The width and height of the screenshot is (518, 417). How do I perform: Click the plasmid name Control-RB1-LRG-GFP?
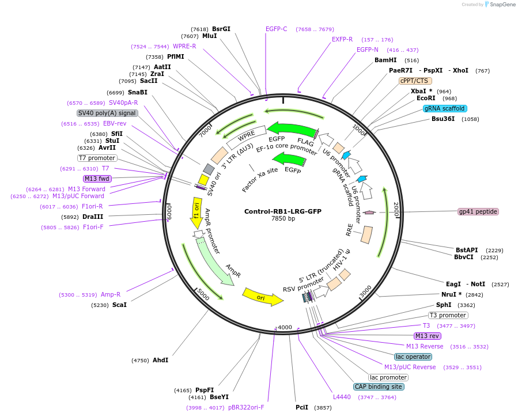tap(283, 211)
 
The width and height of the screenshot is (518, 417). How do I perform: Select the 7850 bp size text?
tap(283, 219)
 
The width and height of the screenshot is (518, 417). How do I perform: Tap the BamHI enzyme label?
tap(385, 60)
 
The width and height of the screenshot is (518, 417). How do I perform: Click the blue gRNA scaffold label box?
tap(445, 108)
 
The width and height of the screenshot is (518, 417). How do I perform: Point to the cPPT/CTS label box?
tap(414, 81)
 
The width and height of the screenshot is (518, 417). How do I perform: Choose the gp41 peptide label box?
tap(478, 211)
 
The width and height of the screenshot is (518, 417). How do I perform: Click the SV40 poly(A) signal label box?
tap(107, 113)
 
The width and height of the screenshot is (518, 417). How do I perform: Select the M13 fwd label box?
tap(97, 179)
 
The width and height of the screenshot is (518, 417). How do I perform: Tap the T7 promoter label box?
tap(97, 158)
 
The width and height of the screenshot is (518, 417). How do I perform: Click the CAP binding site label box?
tap(379, 387)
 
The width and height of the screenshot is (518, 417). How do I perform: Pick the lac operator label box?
tap(413, 357)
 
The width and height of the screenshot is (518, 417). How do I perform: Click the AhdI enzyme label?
tap(160, 360)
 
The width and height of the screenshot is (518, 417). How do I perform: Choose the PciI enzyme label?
tap(302, 407)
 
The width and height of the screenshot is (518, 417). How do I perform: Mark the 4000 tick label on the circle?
tap(285, 327)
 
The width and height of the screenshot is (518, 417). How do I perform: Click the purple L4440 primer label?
tap(342, 397)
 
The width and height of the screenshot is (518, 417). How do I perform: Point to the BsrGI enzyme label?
tap(221, 29)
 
